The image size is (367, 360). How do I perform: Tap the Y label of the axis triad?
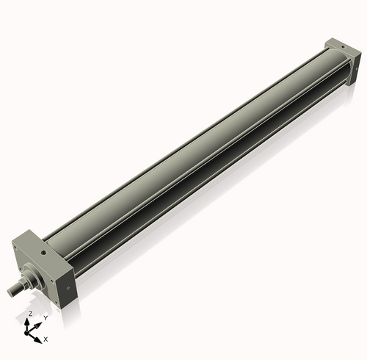click(x=45, y=317)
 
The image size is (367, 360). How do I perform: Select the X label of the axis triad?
click(x=46, y=339)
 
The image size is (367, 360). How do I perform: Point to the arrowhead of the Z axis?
click(x=29, y=320)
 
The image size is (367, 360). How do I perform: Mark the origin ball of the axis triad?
click(x=29, y=332)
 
